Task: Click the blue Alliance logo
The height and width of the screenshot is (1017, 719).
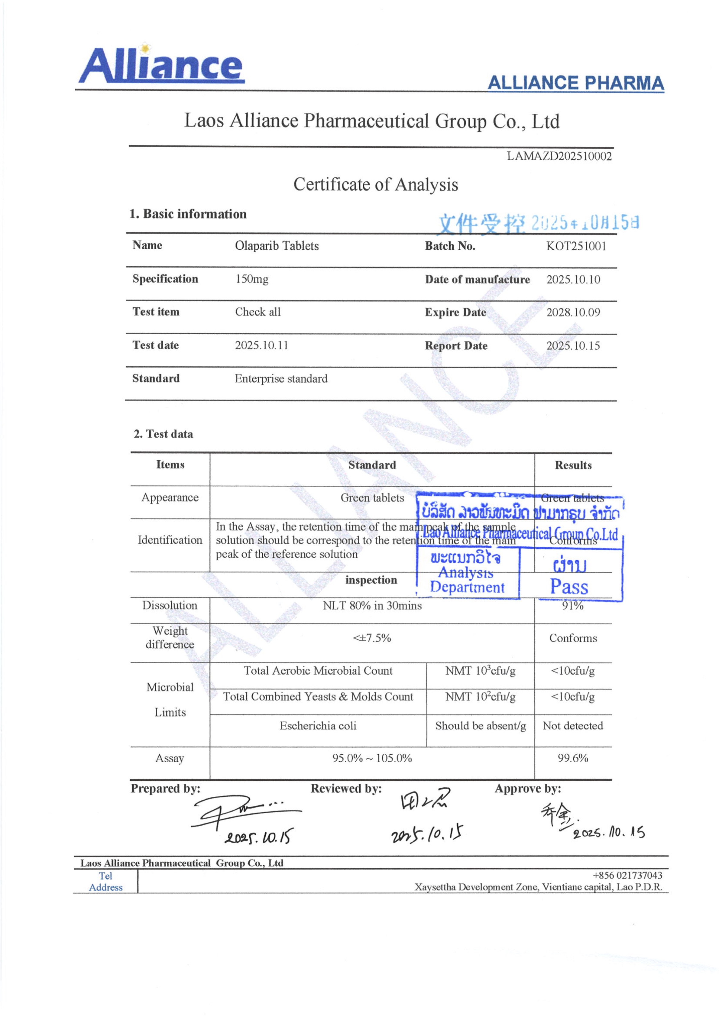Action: (161, 65)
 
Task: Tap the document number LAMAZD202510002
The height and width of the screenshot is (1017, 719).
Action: (559, 156)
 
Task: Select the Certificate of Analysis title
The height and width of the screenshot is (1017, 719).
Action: (375, 185)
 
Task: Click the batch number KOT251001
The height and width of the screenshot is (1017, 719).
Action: (575, 246)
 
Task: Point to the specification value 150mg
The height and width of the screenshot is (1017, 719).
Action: (252, 279)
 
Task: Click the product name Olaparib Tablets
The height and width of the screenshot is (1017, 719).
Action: (277, 246)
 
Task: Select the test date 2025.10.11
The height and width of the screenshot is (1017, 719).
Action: (261, 345)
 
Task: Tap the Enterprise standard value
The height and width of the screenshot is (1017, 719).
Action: (281, 379)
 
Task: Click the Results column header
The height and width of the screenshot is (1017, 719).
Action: (573, 465)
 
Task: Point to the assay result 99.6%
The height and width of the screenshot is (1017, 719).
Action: (572, 758)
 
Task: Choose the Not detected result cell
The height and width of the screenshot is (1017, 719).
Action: (572, 726)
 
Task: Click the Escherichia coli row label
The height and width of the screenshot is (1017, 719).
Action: (318, 726)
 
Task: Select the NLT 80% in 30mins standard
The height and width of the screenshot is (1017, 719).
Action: (372, 605)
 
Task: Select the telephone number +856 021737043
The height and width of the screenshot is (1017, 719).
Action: (627, 875)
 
